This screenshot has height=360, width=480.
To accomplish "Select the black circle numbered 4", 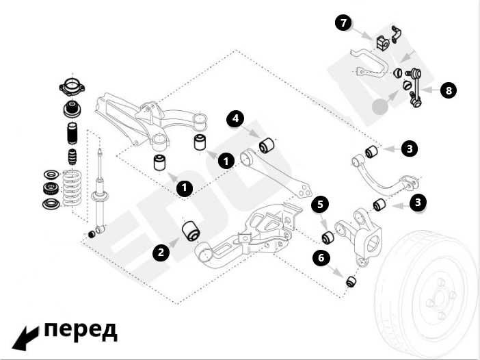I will pyautogui.click(x=235, y=118).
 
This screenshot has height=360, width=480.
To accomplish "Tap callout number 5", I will pyautogui.click(x=320, y=204).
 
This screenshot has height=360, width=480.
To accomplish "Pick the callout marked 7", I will pyautogui.click(x=344, y=23).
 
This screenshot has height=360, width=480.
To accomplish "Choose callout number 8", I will pyautogui.click(x=448, y=90).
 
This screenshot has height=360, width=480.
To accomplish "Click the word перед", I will pyautogui.click(x=81, y=330).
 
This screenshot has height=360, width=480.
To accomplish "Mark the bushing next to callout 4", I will pyautogui.click(x=267, y=145).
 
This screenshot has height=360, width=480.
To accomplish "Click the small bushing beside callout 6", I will pyautogui.click(x=351, y=281).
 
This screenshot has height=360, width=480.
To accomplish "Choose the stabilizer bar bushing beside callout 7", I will pyautogui.click(x=382, y=41).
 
